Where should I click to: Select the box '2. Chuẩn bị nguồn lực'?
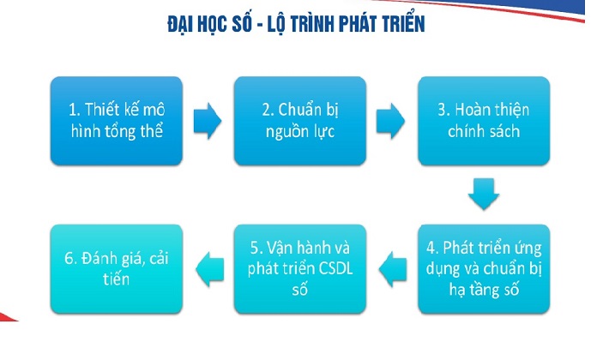300,120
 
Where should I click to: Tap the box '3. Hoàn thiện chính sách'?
483,120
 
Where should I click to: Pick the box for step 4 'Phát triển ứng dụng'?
483,267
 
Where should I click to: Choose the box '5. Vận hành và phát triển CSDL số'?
300,267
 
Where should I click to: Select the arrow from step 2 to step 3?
390,121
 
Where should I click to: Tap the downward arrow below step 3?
483,194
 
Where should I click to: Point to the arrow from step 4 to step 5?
390,268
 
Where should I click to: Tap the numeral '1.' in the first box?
75,109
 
